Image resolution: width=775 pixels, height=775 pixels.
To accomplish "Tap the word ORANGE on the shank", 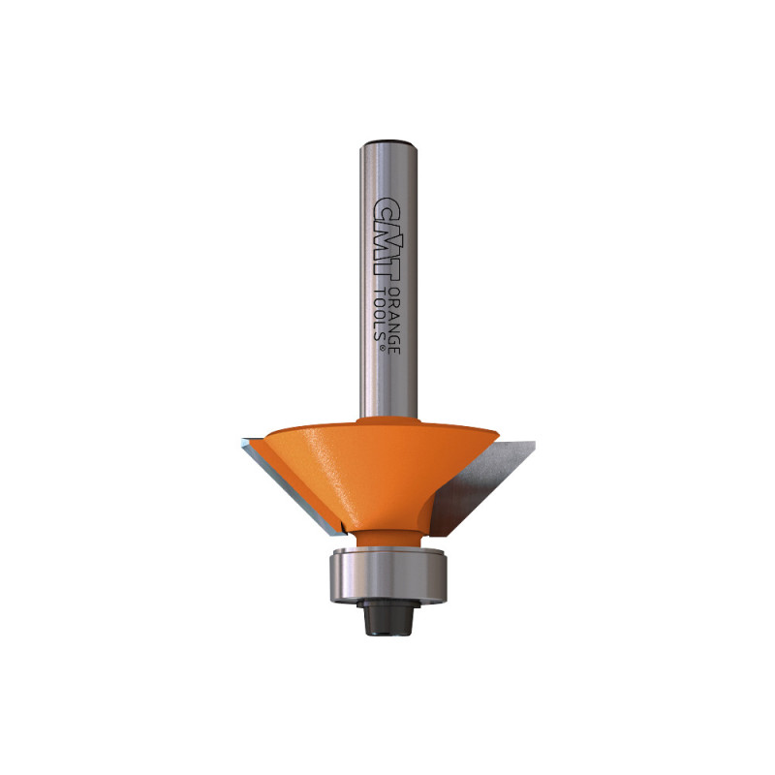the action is coord(394,320).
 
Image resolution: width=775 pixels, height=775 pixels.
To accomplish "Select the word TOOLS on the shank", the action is coord(381,313).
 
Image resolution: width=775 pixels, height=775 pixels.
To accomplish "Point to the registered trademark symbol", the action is coord(382,348).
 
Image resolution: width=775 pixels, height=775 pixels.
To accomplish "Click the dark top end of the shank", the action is coord(388,143).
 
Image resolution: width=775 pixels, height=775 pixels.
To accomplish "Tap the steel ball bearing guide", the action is coord(388,574).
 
